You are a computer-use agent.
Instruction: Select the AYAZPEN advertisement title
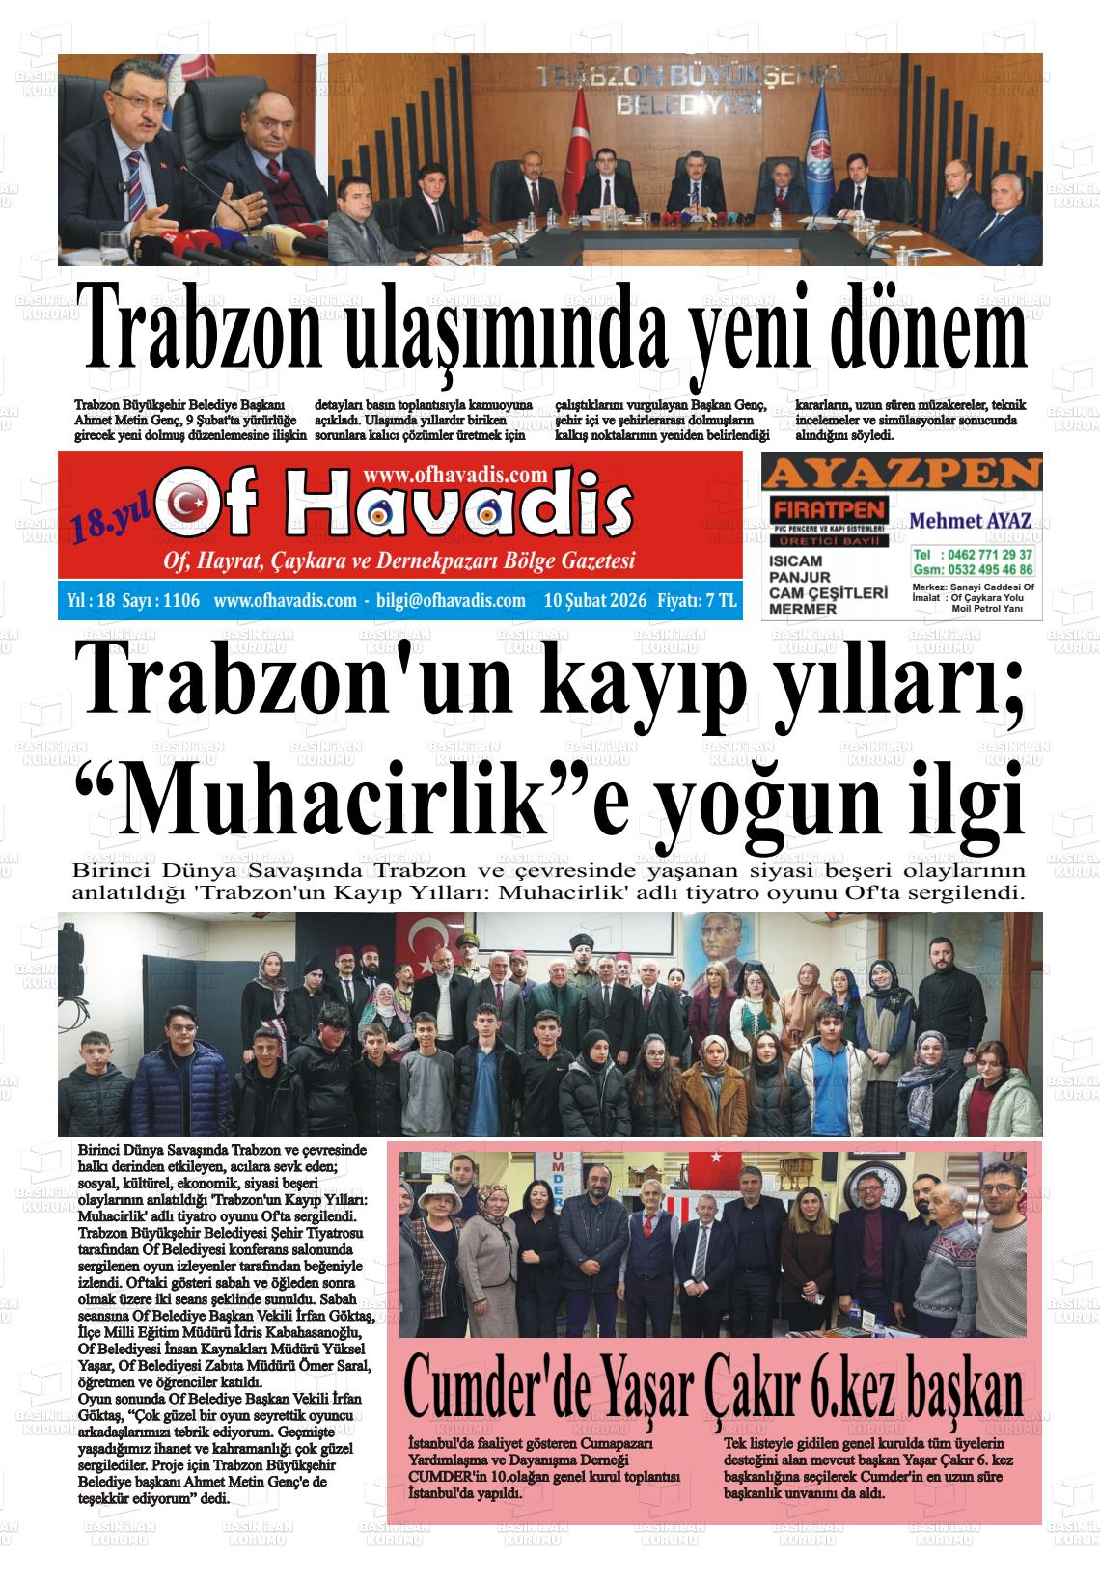pos(902,474)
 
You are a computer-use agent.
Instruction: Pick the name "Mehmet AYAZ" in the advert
pos(971,521)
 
